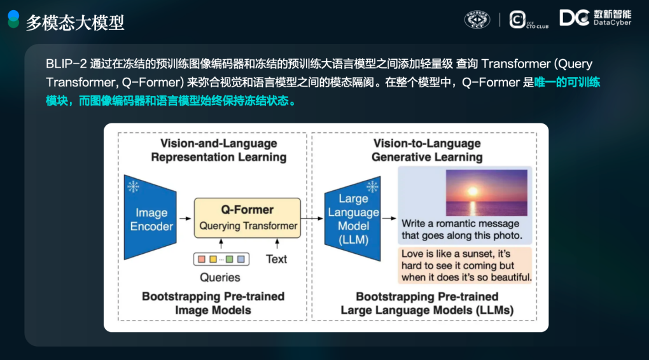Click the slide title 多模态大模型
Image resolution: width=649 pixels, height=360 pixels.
pos(75,23)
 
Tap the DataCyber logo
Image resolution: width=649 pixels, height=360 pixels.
pos(595,18)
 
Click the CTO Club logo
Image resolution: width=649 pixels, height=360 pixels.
pos(529,20)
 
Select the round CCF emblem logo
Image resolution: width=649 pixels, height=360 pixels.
pos(477,20)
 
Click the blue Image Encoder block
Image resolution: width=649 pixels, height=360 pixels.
pos(150,218)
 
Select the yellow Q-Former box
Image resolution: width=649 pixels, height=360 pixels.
pos(248,218)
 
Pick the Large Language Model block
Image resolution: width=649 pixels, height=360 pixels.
pos(352,219)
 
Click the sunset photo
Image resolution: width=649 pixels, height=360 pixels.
pos(486,193)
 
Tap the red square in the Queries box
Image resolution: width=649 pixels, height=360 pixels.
pos(202,259)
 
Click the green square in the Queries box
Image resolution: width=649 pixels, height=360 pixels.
pos(229,259)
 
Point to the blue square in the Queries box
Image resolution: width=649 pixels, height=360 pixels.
pos(241,259)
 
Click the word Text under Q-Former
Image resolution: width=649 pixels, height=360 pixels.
pos(276,259)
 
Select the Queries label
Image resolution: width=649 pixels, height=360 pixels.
pos(220,277)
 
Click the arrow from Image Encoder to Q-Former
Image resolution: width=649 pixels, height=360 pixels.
pos(185,218)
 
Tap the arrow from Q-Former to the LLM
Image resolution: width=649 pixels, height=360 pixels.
pos(312,218)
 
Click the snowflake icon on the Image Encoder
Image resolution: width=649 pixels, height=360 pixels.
pos(133,186)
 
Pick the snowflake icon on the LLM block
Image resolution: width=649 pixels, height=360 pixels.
pos(372,186)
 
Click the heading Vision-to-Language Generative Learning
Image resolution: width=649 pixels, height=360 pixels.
pos(427,150)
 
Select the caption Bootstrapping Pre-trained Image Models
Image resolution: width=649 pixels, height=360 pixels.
pos(213,303)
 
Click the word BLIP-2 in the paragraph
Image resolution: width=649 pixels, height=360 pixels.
pos(66,64)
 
